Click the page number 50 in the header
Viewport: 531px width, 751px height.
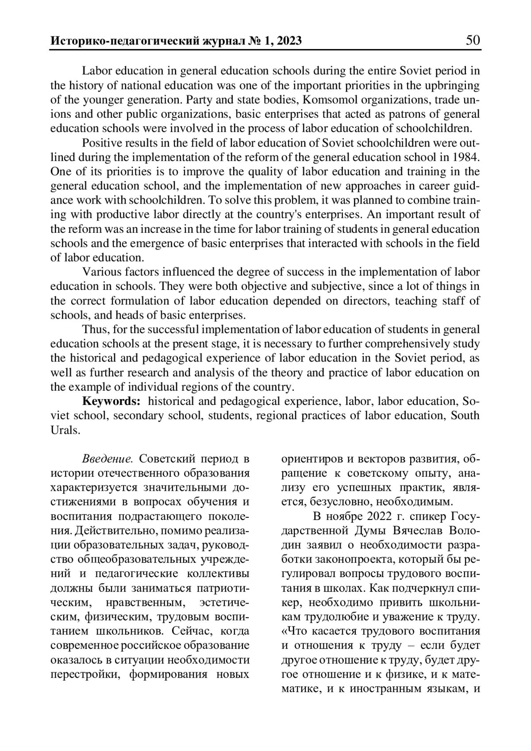[x=472, y=41]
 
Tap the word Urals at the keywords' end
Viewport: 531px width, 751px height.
[x=65, y=430]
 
